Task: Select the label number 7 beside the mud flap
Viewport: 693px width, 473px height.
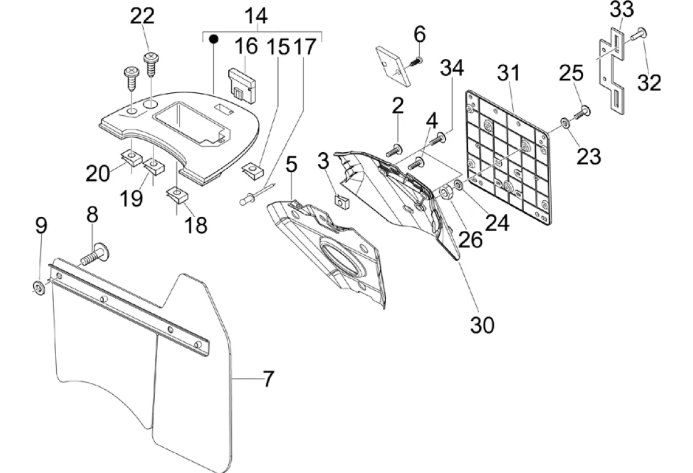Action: (268, 379)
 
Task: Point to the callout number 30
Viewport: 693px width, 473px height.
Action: (482, 325)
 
